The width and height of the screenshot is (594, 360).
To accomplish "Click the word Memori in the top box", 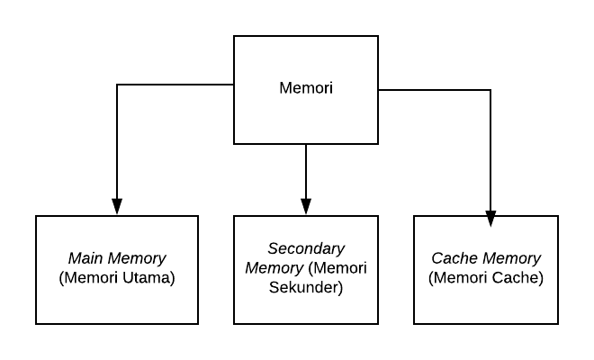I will point(306,89).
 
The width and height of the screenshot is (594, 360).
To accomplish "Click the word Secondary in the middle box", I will point(306,248).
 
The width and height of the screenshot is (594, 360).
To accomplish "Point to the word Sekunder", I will point(306,287).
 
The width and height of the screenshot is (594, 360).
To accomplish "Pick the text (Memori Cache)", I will point(486,278).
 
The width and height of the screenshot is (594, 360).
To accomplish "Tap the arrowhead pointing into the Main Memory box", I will point(117,206).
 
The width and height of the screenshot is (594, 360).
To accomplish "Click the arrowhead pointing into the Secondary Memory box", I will point(306,206).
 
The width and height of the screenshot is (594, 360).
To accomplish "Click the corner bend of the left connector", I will point(117,85).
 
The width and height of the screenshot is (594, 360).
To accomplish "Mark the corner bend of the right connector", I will point(490,90).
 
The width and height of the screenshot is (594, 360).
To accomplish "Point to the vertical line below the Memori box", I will point(306,171).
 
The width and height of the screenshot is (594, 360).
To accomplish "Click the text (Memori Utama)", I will point(117,278).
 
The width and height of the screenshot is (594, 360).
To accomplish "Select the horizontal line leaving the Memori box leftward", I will point(175,85).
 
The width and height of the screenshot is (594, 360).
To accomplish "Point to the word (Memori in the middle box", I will point(338,268).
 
